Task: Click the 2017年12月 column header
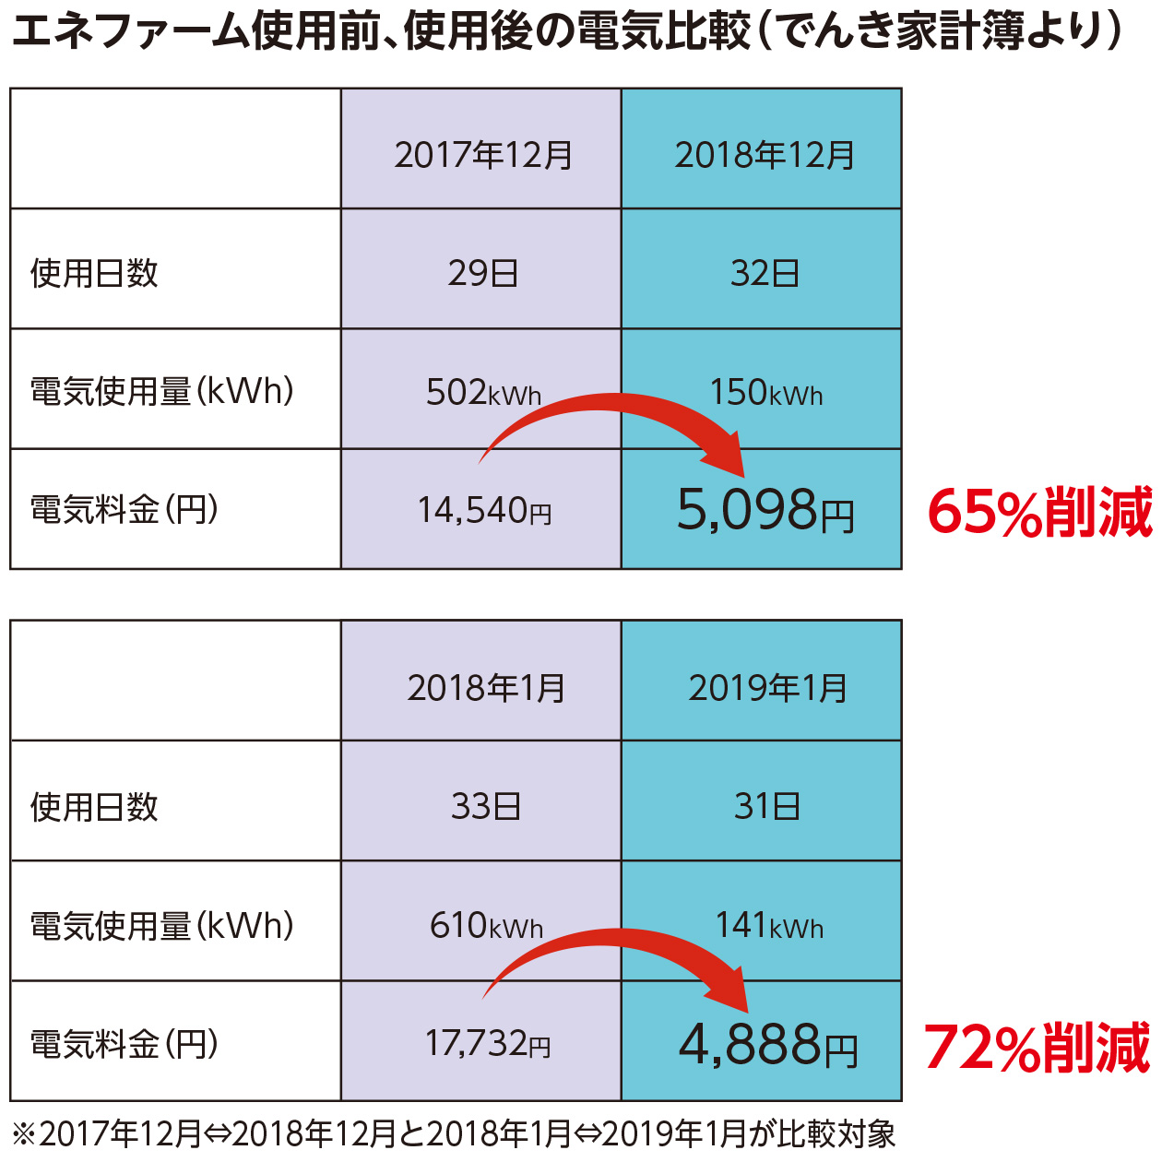point(483,155)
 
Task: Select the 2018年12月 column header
point(765,155)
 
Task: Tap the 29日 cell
point(482,273)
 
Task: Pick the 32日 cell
point(765,273)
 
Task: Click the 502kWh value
point(483,393)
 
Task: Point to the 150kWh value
point(765,393)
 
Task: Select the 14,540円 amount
point(484,510)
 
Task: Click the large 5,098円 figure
point(765,510)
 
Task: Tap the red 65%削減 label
point(1039,513)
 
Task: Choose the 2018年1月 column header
point(486,688)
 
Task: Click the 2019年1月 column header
point(767,688)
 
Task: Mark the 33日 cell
point(485,807)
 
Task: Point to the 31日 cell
point(766,807)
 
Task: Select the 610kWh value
point(486,925)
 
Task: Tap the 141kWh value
point(769,925)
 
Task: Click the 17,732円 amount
point(487,1044)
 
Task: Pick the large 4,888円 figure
point(768,1045)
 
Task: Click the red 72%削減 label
point(1037,1048)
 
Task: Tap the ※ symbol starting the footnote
point(23,1133)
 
